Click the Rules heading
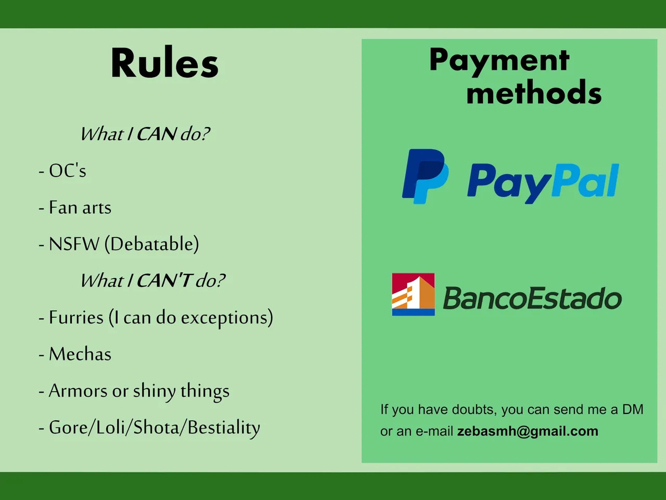164,63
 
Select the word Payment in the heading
499,61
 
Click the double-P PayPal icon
425,176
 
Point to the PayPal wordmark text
543,182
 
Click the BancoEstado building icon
413,294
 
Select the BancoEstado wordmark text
532,298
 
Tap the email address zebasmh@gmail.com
528,431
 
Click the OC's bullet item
62,170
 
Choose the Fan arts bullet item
75,207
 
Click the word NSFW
74,244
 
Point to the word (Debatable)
152,244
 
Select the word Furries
76,318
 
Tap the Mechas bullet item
75,354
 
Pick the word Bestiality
224,428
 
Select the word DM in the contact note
633,409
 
